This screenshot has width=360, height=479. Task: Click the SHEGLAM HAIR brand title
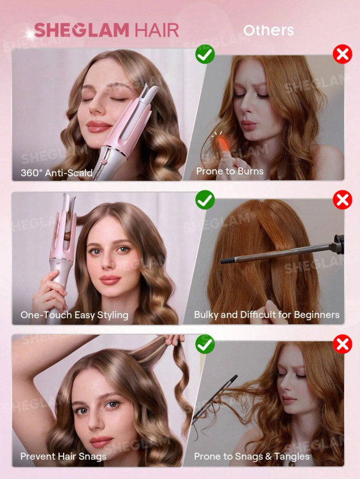106,30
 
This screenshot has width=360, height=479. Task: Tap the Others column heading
268,30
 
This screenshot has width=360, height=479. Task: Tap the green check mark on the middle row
205,200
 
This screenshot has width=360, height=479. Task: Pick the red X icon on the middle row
342,200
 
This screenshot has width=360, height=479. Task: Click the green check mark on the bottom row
205,343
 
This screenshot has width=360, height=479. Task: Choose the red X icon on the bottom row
342,343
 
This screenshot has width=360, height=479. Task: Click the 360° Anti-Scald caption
57,172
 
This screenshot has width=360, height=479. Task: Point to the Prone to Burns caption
230,171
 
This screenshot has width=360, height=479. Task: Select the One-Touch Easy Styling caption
74,315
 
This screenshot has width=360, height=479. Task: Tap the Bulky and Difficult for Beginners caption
266,315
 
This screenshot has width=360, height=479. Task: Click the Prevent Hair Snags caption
63,456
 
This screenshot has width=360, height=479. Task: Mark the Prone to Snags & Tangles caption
252,456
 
